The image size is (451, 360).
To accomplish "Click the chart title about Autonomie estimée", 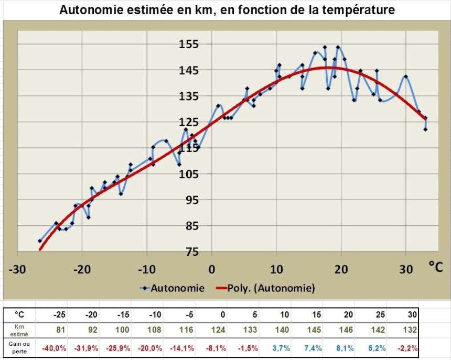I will coord(227,10).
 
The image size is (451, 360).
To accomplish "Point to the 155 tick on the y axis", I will coord(188,44).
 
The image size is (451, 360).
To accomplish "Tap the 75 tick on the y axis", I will coord(188,252).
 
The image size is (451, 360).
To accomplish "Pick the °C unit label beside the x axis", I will coord(435,268).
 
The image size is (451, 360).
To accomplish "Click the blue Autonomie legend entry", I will coord(171,288).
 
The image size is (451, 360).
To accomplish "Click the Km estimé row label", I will coord(19,330).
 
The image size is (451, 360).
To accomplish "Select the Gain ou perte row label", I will coord(19,348).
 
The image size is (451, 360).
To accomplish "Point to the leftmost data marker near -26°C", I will coord(39,241).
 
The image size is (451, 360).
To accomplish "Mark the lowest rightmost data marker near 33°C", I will coord(425,129).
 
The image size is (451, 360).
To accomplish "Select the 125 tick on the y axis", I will coord(188,122).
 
